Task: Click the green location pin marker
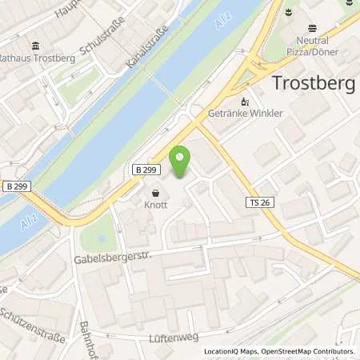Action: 181,162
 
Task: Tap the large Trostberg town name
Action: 314,82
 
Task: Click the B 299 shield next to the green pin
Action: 146,170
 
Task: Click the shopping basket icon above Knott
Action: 155,193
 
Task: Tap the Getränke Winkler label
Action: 246,114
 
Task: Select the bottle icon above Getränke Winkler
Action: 246,102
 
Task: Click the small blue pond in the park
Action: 99,238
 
